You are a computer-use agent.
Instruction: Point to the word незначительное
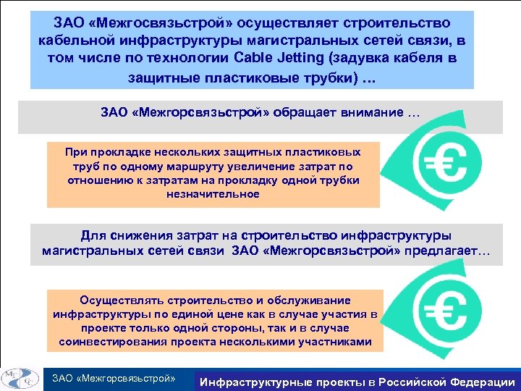(x=213, y=194)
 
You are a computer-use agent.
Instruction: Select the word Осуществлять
(x=123, y=300)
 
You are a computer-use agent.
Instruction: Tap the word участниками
(x=336, y=341)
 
